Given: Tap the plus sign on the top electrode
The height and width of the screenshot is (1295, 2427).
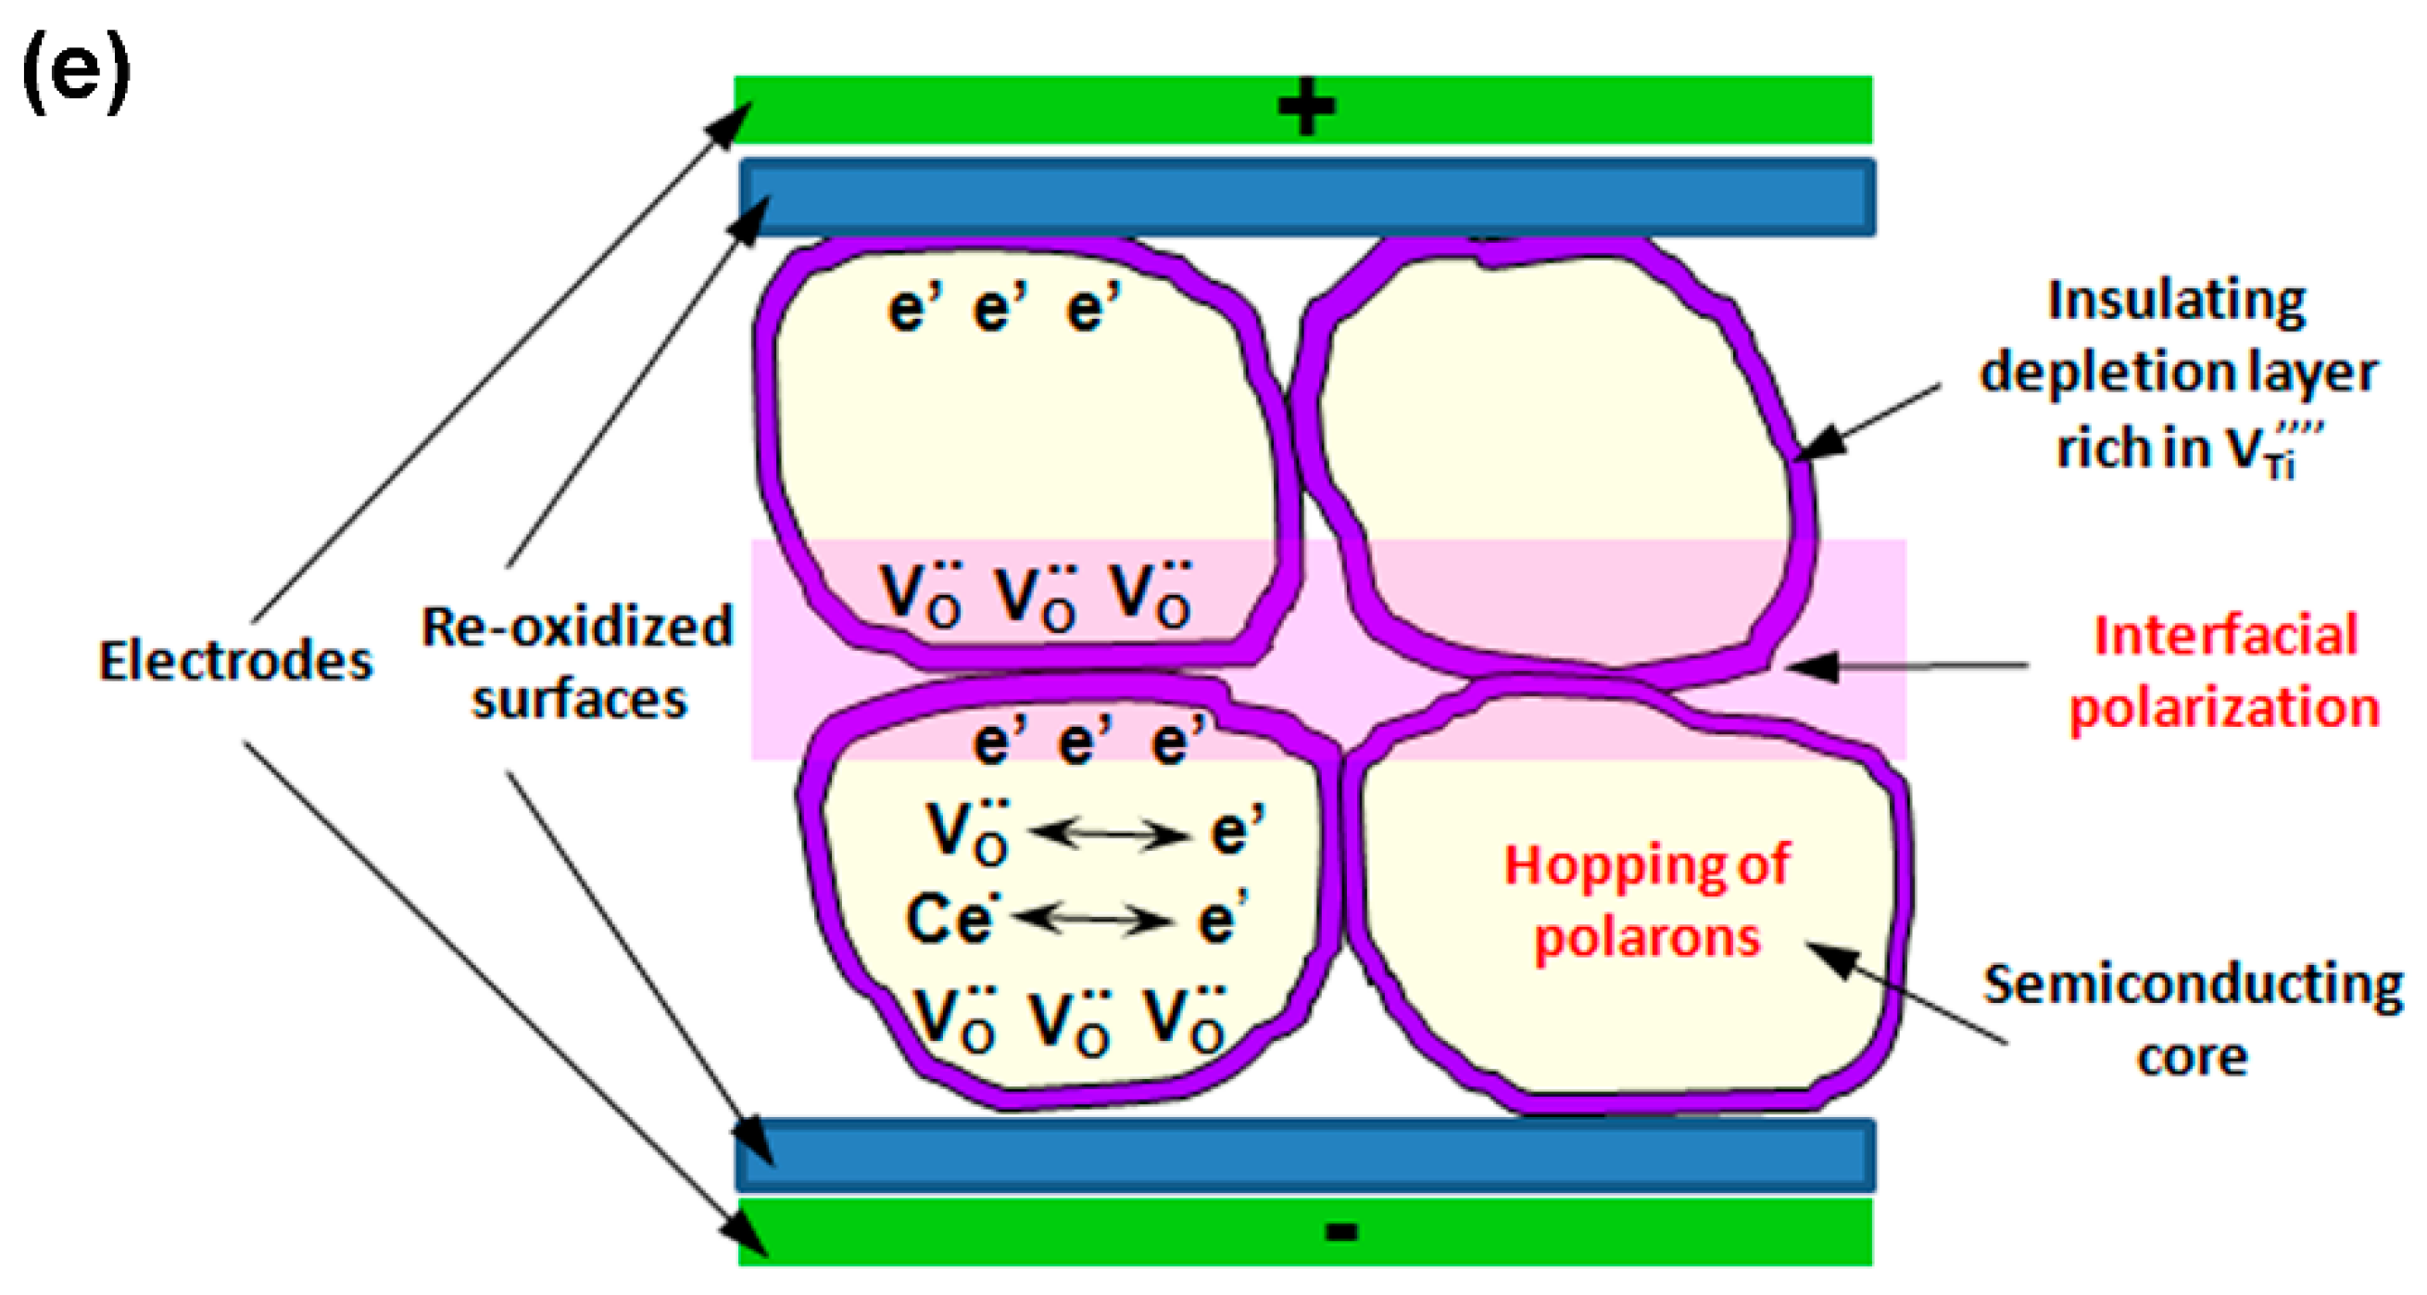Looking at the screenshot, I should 1306,108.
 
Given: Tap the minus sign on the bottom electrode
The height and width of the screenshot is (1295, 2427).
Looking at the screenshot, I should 1341,1231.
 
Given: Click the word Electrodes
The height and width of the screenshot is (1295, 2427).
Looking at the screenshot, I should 235,661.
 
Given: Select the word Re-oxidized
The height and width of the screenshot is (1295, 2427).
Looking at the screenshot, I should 576,627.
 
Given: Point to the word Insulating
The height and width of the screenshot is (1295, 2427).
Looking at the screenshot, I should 2176,301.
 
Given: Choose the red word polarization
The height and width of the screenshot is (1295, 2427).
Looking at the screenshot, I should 2223,708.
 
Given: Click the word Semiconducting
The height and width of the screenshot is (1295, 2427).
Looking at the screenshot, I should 2194,984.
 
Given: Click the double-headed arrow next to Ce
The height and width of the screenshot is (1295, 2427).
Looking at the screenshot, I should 1093,918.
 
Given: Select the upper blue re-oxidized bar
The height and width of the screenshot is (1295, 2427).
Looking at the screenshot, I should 1307,197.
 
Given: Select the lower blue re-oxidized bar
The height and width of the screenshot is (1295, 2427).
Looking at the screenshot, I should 1307,1156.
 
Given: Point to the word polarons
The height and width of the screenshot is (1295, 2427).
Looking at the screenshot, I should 1647,938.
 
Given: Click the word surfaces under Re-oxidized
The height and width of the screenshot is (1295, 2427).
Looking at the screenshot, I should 580,700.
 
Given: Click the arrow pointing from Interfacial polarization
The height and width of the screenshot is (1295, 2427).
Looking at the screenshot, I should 1904,667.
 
